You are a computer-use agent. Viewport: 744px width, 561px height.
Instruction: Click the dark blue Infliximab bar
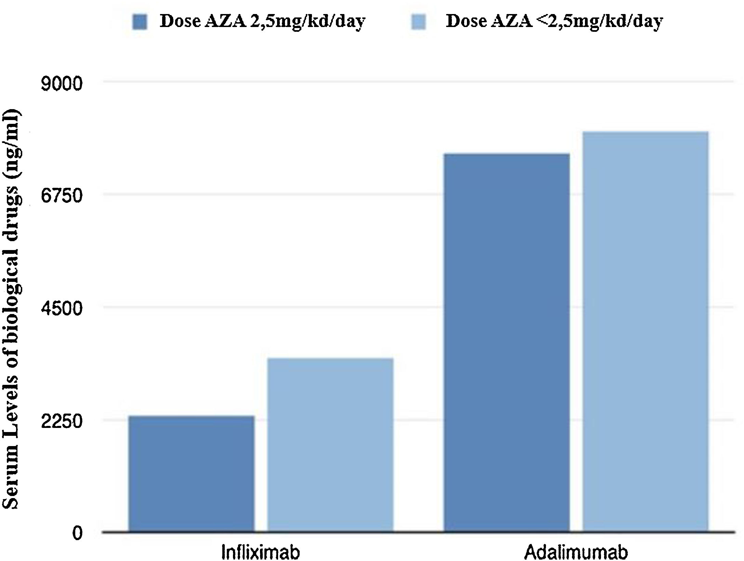[192, 474]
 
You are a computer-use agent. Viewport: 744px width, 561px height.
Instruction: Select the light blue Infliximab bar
[330, 445]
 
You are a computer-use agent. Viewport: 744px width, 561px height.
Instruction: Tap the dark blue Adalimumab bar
[507, 342]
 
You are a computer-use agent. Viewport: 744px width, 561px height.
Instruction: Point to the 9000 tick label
[62, 84]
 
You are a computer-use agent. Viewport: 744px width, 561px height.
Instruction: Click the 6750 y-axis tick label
[62, 196]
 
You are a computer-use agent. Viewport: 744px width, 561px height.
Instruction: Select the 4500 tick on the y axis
[62, 309]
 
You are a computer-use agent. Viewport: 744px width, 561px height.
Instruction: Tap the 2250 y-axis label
[62, 421]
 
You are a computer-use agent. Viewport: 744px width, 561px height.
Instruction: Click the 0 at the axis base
[77, 533]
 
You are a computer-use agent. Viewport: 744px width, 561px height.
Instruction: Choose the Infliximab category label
[261, 552]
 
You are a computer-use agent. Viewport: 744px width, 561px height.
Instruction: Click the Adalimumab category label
[576, 552]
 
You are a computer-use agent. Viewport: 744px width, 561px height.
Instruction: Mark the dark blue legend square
[140, 22]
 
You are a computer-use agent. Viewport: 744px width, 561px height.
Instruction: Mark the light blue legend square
[419, 22]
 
